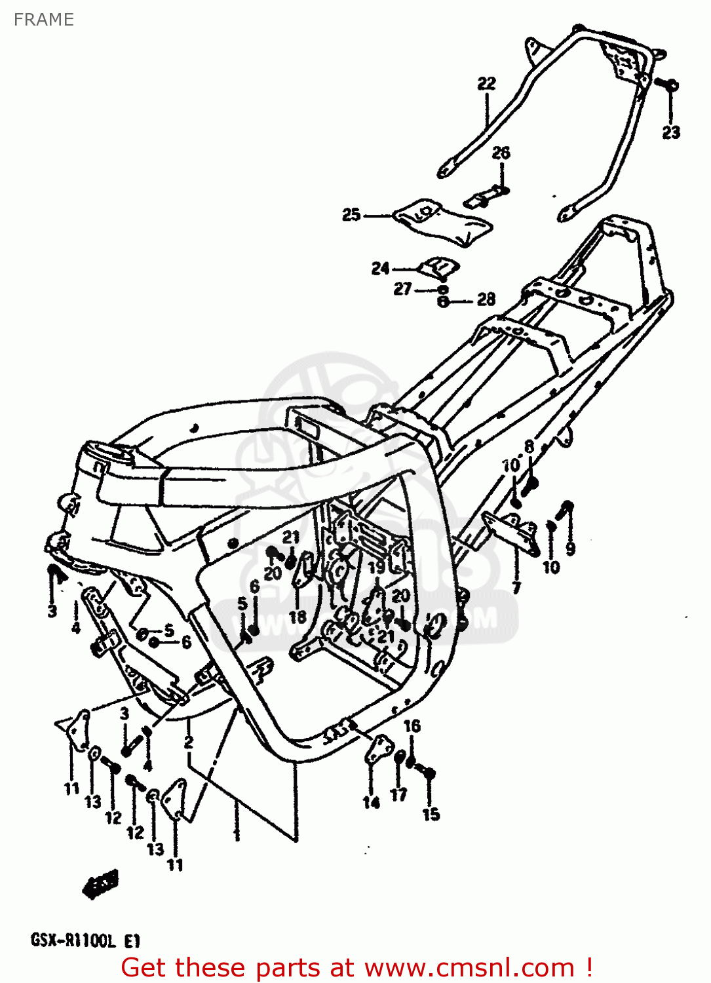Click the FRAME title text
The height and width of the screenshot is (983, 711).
[x=43, y=20]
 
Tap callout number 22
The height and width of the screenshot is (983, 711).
[x=486, y=83]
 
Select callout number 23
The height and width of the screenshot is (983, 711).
[x=671, y=132]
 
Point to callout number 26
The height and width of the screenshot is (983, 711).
[x=501, y=153]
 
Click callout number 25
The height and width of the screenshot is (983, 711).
[x=351, y=214]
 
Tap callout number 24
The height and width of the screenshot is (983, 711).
[x=380, y=268]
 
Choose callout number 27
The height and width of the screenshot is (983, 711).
[x=402, y=289]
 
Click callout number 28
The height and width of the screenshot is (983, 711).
[x=486, y=299]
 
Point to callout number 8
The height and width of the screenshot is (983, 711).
[x=529, y=447]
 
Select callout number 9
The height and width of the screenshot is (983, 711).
[x=570, y=548]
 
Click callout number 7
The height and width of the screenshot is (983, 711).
[x=516, y=587]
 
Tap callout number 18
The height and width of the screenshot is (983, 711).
[x=298, y=616]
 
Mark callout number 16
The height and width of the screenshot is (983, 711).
[x=412, y=725]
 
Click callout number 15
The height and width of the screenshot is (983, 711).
[x=431, y=814]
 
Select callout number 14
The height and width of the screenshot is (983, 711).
[x=371, y=801]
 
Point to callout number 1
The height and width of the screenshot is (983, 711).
[x=237, y=834]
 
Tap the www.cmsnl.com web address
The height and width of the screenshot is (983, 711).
[x=469, y=968]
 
